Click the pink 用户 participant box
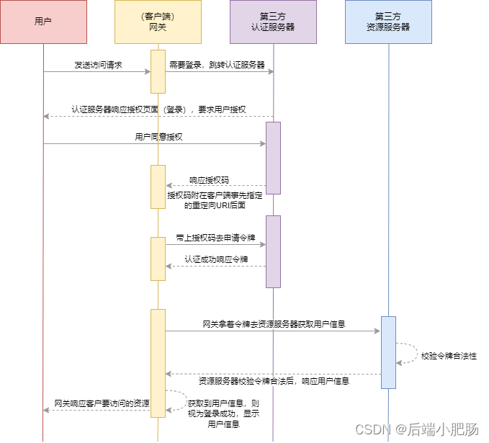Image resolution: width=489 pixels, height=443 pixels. [x=43, y=22]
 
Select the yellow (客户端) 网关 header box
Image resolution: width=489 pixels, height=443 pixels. [x=158, y=22]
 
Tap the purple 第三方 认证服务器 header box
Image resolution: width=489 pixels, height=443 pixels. [x=273, y=22]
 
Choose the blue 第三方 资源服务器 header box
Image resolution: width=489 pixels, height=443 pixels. [x=388, y=22]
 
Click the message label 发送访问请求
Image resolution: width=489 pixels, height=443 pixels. [x=98, y=65]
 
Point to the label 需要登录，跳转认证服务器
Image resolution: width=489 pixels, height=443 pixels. [x=217, y=65]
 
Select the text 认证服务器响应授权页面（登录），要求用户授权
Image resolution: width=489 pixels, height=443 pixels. [x=158, y=109]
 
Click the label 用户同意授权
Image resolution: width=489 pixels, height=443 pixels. [x=158, y=137]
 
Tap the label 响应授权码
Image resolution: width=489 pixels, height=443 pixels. [x=209, y=180]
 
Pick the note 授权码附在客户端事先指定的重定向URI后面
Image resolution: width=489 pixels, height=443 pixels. [x=215, y=200]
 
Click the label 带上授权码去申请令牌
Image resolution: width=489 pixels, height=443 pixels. [x=215, y=238]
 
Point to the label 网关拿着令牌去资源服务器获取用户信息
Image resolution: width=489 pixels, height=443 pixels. [x=274, y=324]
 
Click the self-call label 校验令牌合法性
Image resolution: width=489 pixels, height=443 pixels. [x=449, y=356]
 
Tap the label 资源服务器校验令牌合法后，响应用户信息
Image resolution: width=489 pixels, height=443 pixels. [x=274, y=380]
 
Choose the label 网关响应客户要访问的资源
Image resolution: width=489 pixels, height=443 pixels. [x=102, y=403]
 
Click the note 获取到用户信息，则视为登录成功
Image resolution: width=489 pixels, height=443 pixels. [x=223, y=413]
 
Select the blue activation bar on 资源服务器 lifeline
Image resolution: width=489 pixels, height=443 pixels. [x=388, y=352]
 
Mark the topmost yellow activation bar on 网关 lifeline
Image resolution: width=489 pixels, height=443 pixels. [x=158, y=71]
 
